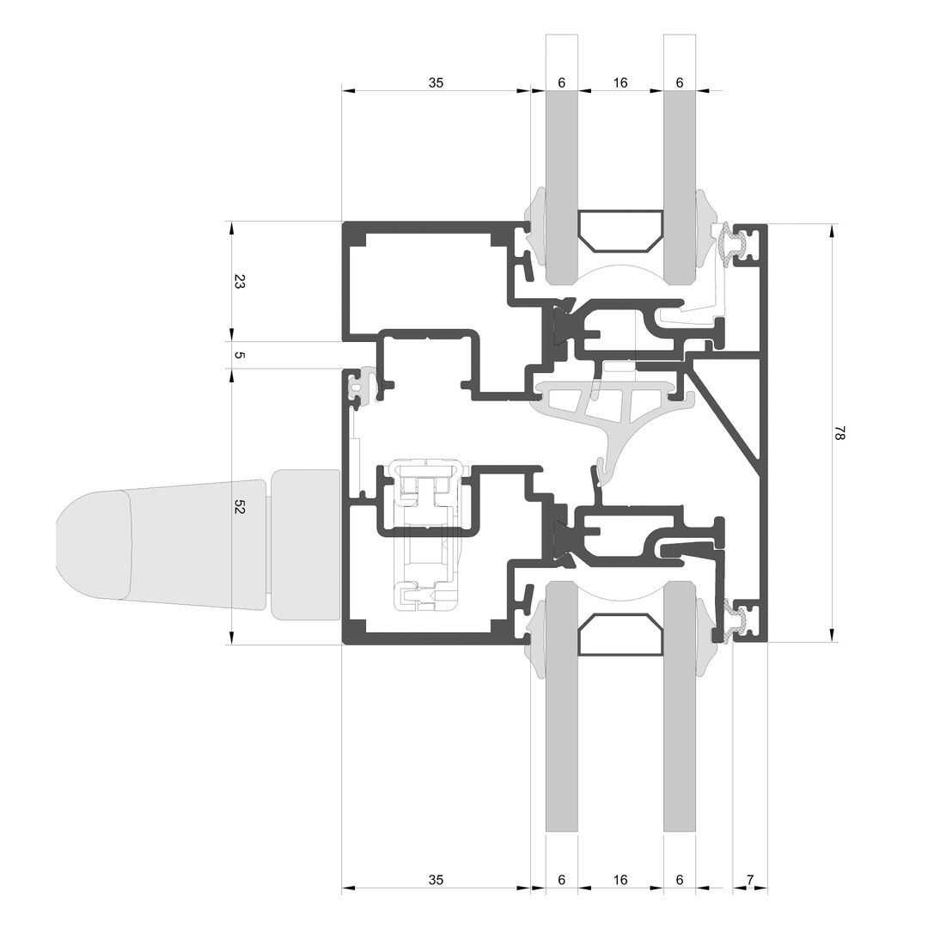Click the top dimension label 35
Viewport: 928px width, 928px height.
click(436, 82)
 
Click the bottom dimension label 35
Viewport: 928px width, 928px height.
click(436, 880)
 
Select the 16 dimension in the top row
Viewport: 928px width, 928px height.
click(620, 82)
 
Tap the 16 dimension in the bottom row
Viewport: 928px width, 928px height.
click(620, 880)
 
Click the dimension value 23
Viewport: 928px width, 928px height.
click(239, 281)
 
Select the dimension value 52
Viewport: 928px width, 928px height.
click(239, 507)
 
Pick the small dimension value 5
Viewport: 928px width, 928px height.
click(239, 355)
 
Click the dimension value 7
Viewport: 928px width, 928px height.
click(750, 880)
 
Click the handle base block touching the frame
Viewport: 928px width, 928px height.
click(305, 545)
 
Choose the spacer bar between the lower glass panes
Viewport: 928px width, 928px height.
click(620, 635)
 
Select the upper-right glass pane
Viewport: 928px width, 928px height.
click(680, 159)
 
